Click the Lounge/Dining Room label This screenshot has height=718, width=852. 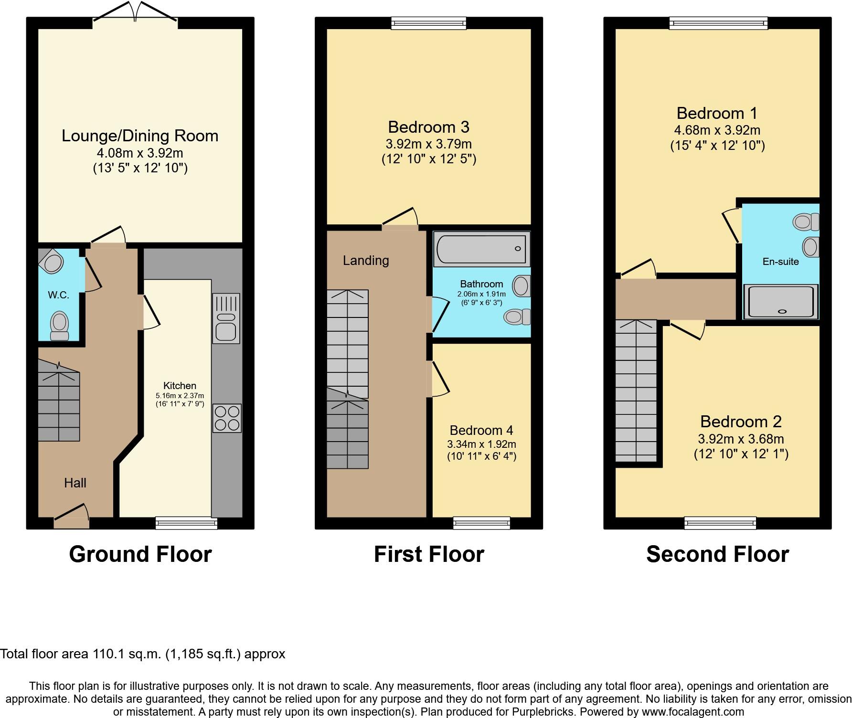click(x=140, y=136)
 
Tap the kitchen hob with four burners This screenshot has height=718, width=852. click(x=227, y=418)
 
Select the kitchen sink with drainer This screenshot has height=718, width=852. click(x=226, y=318)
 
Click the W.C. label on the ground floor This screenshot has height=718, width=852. click(x=58, y=295)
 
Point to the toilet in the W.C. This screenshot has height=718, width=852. click(x=59, y=325)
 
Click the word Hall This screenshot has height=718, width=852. click(x=75, y=483)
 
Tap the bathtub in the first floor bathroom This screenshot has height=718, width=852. click(x=481, y=249)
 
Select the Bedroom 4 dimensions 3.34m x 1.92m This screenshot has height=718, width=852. click(x=481, y=444)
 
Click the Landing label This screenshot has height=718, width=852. click(x=366, y=261)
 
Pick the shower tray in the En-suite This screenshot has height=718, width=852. click(x=781, y=301)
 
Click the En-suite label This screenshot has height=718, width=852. click(x=780, y=262)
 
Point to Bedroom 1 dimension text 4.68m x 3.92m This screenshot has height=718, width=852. click(x=717, y=130)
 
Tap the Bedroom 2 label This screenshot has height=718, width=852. click(x=741, y=422)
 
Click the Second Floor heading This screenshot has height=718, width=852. click(x=717, y=554)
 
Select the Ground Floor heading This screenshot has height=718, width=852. click(x=140, y=554)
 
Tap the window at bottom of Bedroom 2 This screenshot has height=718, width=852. click(x=720, y=523)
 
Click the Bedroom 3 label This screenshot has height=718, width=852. click(x=428, y=127)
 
